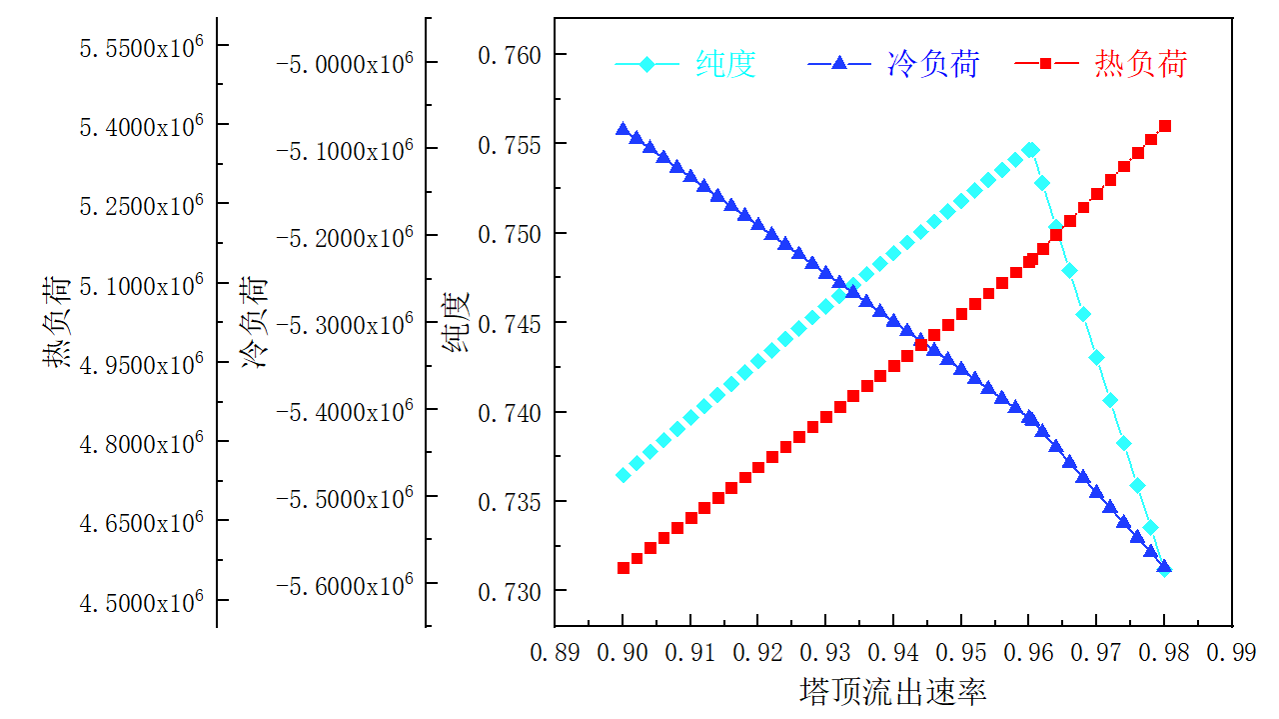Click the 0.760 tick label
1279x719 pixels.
[509, 54]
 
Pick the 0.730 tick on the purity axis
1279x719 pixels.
[509, 591]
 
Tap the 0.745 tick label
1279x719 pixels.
[509, 323]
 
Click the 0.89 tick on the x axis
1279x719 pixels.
[555, 653]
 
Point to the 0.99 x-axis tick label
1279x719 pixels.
[1231, 653]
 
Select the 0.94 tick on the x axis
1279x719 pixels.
[893, 653]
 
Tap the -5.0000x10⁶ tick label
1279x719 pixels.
[345, 64]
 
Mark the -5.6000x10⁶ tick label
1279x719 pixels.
[345, 584]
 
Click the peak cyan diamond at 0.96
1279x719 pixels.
[1030, 150]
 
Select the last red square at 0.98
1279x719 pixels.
[1164, 126]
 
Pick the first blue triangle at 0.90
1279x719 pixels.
[624, 130]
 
